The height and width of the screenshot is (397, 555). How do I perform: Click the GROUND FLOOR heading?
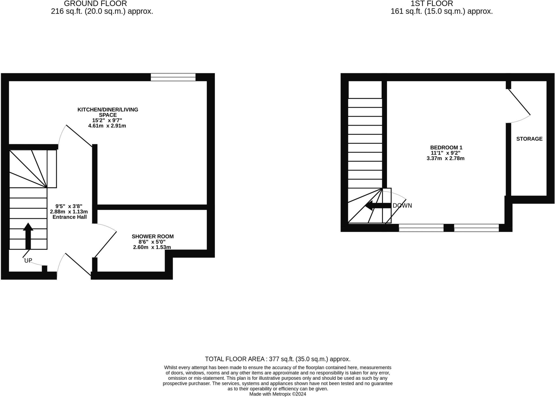pyautogui.click(x=95, y=4)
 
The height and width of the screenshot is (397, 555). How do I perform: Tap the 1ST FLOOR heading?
pyautogui.click(x=432, y=4)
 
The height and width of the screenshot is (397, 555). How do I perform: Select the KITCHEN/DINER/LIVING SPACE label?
pyautogui.click(x=108, y=112)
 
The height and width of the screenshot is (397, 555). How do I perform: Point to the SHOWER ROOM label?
pyautogui.click(x=153, y=236)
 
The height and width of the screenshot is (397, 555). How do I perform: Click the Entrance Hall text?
pyautogui.click(x=70, y=217)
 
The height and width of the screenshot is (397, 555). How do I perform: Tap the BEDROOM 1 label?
pyautogui.click(x=446, y=148)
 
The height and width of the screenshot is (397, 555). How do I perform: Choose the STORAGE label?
pyautogui.click(x=529, y=139)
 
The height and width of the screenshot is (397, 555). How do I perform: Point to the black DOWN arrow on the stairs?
pyautogui.click(x=378, y=205)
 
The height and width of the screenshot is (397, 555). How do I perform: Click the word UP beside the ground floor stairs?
pyautogui.click(x=28, y=261)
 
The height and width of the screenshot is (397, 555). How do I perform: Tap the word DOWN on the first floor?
pyautogui.click(x=402, y=206)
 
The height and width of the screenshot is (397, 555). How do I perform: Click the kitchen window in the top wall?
pyautogui.click(x=173, y=77)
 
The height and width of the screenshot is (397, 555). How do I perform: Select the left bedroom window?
pyautogui.click(x=421, y=228)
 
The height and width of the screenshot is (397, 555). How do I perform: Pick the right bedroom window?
pyautogui.click(x=476, y=228)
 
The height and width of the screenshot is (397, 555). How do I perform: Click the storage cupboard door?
pyautogui.click(x=519, y=102)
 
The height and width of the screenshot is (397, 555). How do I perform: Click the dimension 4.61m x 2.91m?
pyautogui.click(x=107, y=126)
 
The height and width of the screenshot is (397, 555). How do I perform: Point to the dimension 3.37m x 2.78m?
pyautogui.click(x=446, y=158)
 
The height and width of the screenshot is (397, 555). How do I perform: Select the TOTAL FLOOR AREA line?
pyautogui.click(x=277, y=359)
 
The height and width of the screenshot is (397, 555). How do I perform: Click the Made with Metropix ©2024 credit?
pyautogui.click(x=277, y=394)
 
